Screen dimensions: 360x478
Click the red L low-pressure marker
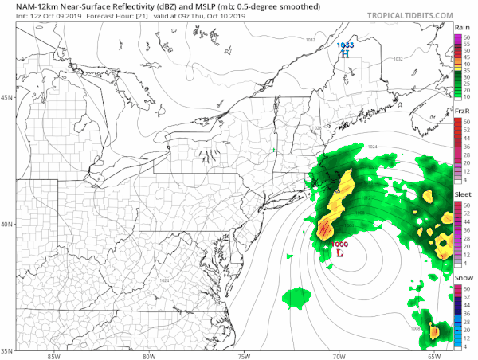click(340, 253)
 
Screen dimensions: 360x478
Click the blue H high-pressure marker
click(345, 55)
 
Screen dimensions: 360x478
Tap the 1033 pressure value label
click(345, 45)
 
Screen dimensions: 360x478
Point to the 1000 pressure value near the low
click(339, 243)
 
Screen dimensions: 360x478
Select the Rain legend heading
click(460, 28)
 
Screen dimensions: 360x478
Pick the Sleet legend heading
click(460, 194)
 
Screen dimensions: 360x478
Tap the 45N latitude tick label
click(7, 98)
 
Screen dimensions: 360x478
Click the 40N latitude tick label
click(7, 224)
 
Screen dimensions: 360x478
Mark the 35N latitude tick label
click(7, 350)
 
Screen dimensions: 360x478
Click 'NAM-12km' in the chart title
click(24, 6)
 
